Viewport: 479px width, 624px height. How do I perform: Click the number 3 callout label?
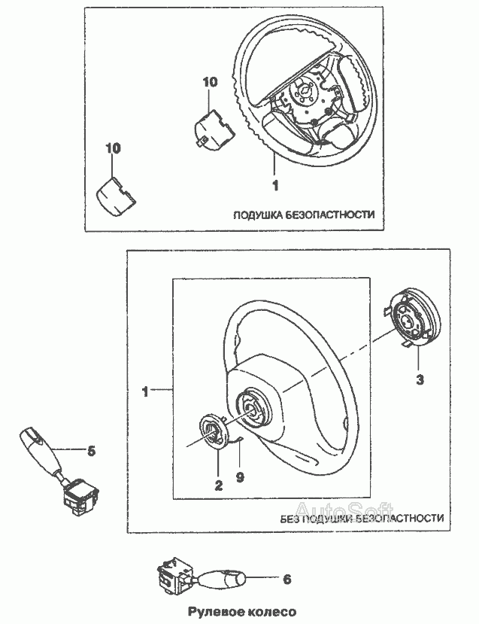tap(420, 379)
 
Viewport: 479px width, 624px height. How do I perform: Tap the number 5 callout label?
tap(92, 452)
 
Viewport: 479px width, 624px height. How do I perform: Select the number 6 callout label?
tap(286, 579)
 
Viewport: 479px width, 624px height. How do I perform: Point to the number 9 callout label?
tap(240, 476)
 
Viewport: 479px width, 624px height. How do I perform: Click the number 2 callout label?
tap(218, 486)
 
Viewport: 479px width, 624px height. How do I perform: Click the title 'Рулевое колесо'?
tap(242, 612)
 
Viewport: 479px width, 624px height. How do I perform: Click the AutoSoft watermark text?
tap(344, 510)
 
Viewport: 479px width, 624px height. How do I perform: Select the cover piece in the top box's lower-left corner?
tap(116, 196)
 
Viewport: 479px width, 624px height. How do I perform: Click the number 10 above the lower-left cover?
tap(113, 148)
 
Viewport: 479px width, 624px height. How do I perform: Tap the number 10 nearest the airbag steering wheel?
tap(210, 82)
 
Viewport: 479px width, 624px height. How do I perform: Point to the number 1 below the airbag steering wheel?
tap(275, 185)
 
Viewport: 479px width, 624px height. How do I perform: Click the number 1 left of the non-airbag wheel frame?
tap(145, 391)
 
